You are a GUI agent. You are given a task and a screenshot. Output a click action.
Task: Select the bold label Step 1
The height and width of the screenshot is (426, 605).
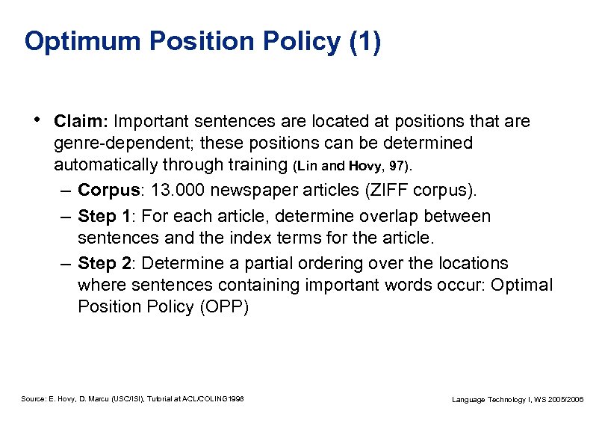[x=107, y=217]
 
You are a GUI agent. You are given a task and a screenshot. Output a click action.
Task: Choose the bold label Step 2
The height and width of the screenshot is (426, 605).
[x=107, y=264]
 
